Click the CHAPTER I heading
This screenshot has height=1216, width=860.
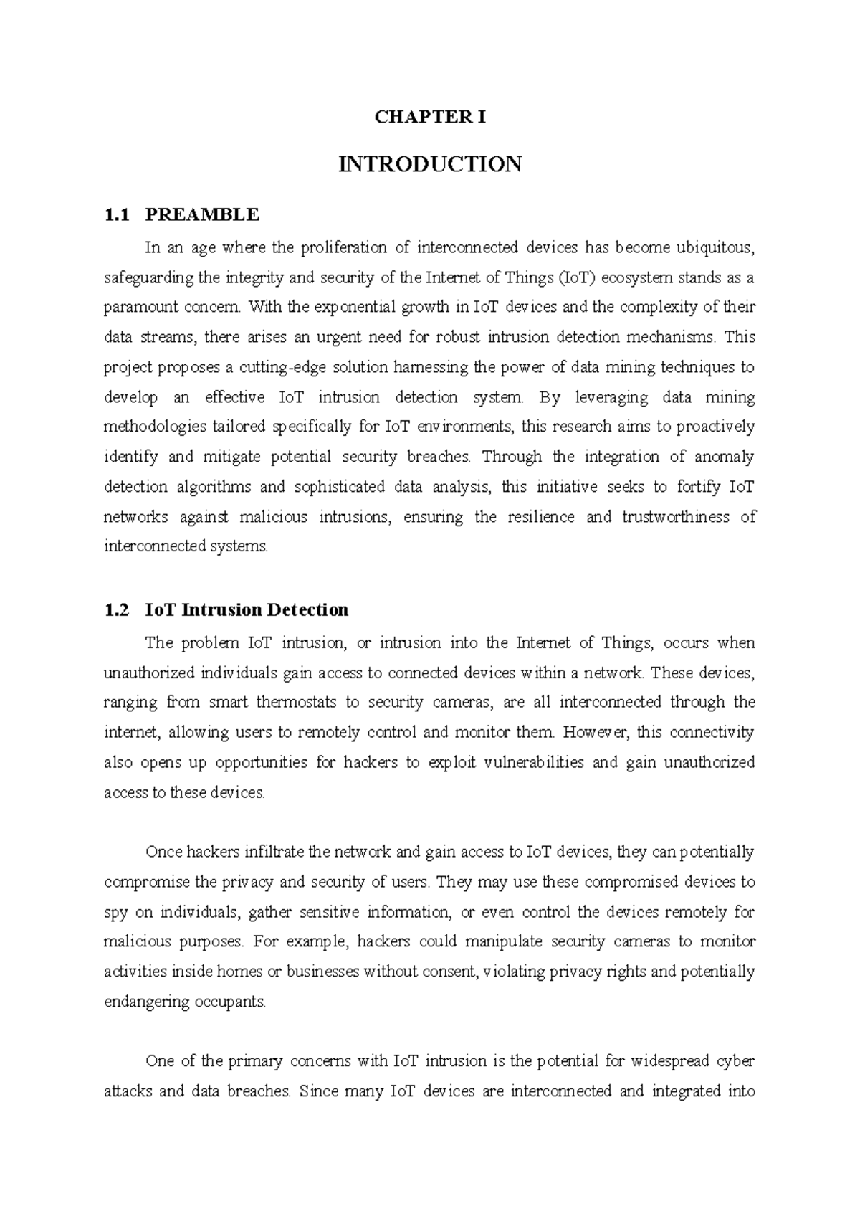click(x=430, y=118)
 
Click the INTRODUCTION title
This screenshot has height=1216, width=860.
click(x=430, y=164)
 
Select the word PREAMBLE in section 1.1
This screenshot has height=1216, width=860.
click(x=201, y=214)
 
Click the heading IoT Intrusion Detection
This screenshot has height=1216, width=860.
click(x=247, y=610)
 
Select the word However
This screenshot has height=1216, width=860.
click(x=596, y=733)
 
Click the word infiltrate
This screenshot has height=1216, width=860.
click(x=264, y=852)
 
